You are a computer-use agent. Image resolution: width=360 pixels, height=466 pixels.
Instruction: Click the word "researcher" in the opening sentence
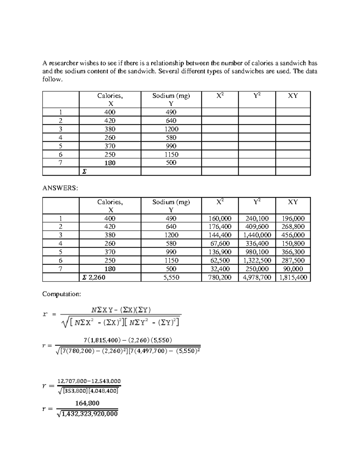point(62,63)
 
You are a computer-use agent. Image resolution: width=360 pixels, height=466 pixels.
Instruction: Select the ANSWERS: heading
point(60,188)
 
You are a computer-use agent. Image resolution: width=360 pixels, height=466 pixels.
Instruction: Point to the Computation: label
point(61,294)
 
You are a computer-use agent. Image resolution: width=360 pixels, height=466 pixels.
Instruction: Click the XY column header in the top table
point(293,96)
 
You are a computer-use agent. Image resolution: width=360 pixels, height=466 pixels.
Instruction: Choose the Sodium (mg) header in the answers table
point(171,202)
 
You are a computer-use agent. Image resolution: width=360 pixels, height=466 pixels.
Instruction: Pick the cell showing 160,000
point(220,218)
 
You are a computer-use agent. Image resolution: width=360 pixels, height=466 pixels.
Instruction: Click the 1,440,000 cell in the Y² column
point(257,235)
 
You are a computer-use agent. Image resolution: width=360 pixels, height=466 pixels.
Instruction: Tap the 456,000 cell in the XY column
point(293,235)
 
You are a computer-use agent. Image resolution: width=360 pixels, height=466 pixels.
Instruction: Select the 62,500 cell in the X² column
point(220,260)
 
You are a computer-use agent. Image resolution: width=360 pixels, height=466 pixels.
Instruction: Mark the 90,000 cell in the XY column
point(293,269)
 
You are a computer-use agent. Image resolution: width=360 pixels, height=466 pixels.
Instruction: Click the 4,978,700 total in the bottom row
point(257,277)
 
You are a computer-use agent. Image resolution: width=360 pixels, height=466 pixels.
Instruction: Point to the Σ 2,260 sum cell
point(94,277)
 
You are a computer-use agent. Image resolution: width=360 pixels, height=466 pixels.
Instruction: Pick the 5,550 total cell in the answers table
point(171,277)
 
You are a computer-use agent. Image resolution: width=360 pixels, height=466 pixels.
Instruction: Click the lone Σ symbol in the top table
point(84,171)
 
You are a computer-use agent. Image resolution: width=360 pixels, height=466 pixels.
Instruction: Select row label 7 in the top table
point(61,163)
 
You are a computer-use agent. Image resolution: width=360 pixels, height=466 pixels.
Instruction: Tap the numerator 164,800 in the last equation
point(87,403)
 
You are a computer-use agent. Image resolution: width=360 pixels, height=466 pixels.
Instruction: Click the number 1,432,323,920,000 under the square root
point(89,414)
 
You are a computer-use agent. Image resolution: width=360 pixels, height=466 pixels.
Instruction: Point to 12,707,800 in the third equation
point(71,381)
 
